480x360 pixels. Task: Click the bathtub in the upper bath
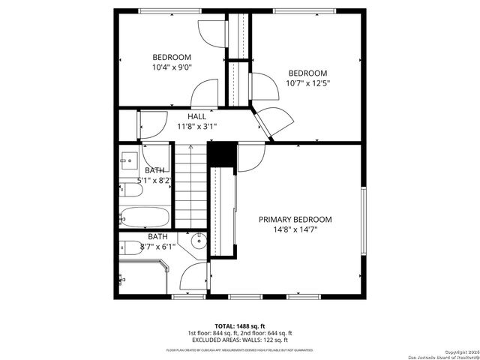point(145,217)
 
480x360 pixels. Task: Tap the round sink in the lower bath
point(199,241)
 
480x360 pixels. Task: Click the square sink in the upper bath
point(127,160)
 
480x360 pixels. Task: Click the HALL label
point(196,116)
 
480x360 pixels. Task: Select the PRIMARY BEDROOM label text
point(295,219)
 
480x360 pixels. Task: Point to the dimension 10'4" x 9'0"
point(172,67)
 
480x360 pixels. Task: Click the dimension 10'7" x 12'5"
point(308,82)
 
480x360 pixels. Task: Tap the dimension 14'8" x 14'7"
point(295,229)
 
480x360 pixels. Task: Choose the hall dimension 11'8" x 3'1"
point(196,127)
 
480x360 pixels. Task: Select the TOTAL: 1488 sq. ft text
point(240,325)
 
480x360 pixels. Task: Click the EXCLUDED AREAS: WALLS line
point(240,340)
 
